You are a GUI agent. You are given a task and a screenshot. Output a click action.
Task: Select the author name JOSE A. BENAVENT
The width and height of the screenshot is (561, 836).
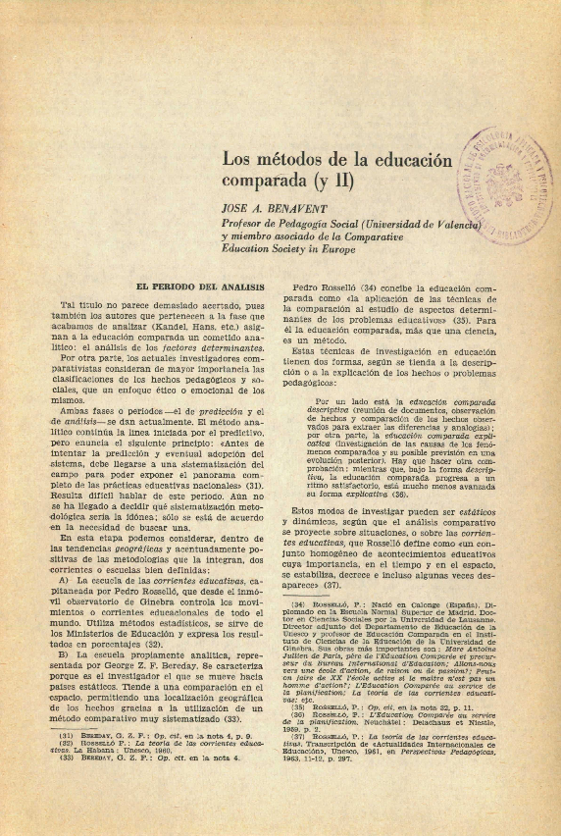pos(274,208)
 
